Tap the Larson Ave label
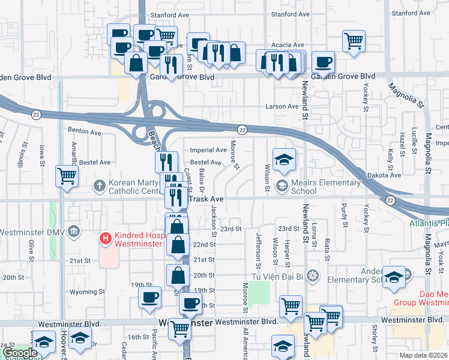coord(282,107)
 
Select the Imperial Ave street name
coord(208,150)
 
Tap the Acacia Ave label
coord(285,45)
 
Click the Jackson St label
coord(214,214)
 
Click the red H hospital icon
coord(106,239)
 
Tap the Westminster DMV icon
coord(73,231)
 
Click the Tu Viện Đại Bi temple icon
coord(312,276)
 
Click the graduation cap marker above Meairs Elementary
coord(284,160)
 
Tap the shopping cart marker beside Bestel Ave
coord(67,176)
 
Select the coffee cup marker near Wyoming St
coord(149,297)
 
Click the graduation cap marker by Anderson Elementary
coord(394,277)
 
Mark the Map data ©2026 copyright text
coord(424,355)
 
